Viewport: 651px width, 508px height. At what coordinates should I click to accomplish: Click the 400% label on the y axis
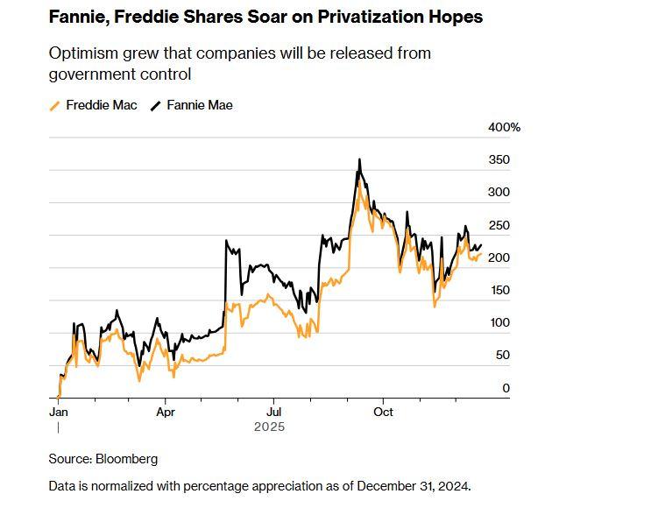[x=504, y=128]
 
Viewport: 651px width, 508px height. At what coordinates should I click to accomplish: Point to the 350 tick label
[x=499, y=160]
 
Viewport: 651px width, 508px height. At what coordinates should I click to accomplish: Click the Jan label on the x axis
[x=58, y=411]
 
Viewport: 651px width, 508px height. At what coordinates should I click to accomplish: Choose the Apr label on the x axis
[x=166, y=411]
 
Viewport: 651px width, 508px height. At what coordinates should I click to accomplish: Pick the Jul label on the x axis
[x=273, y=411]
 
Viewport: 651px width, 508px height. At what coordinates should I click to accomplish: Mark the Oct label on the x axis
[x=382, y=411]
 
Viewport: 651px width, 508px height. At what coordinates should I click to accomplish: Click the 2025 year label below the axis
[x=269, y=427]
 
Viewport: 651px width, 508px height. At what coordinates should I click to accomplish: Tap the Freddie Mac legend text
[x=102, y=105]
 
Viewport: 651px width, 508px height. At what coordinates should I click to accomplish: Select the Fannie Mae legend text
[x=200, y=105]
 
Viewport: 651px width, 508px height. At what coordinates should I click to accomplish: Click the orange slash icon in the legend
[x=55, y=106]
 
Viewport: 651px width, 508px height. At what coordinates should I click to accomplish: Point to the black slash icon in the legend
[x=156, y=106]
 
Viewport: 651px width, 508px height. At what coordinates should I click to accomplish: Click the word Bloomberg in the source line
[x=128, y=459]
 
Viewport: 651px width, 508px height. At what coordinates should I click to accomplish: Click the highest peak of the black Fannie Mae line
[x=359, y=159]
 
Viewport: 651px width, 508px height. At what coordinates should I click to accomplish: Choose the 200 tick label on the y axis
[x=499, y=258]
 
